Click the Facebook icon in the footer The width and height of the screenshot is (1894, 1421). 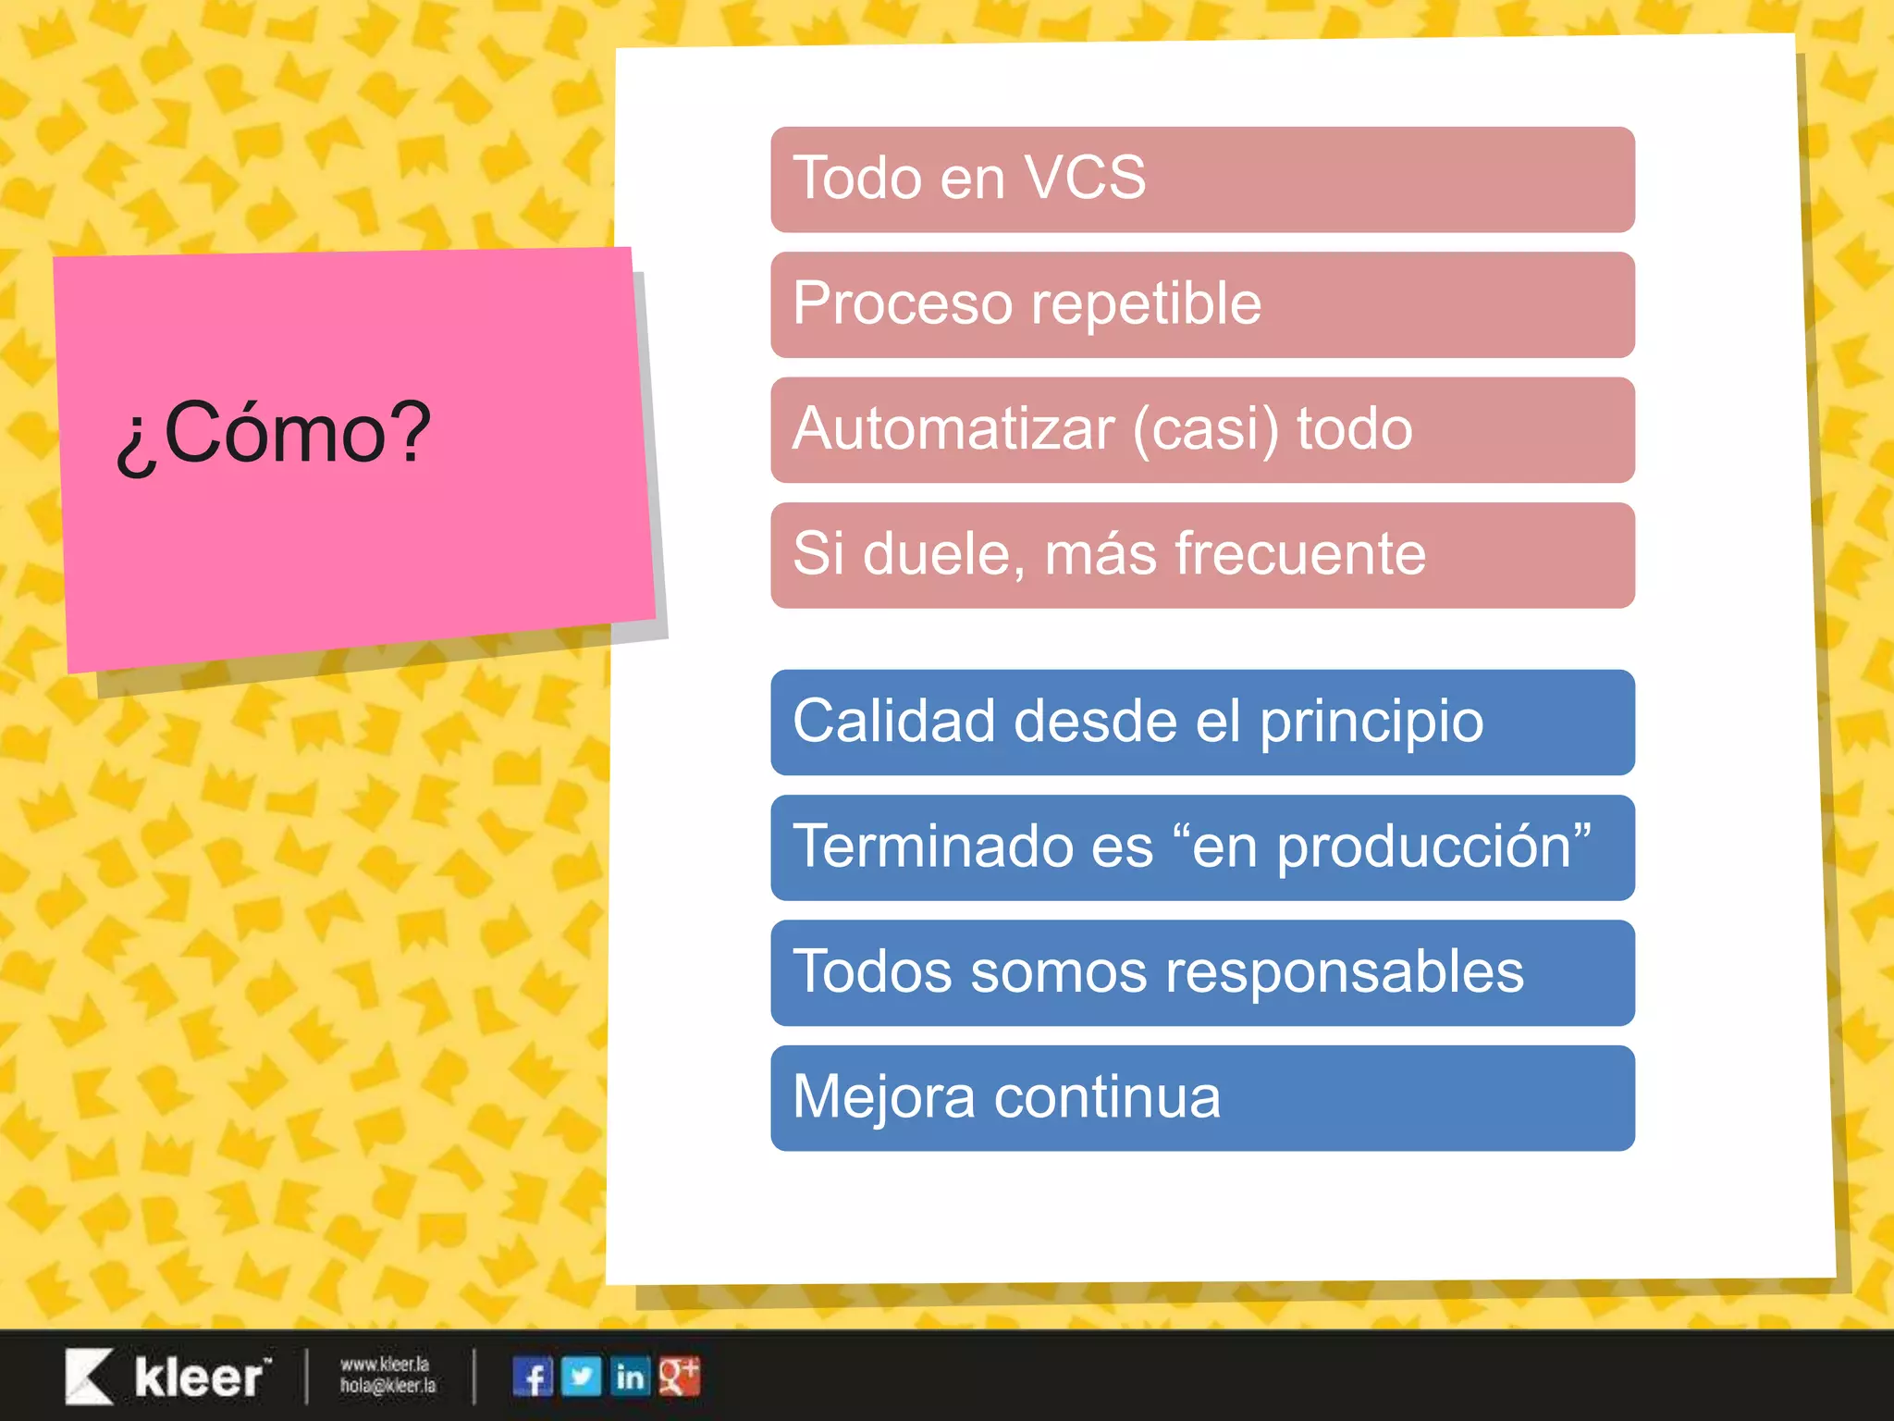[x=532, y=1377]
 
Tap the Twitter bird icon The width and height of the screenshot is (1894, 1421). [x=581, y=1377]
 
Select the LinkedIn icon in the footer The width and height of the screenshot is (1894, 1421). [x=631, y=1377]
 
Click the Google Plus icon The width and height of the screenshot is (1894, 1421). [x=680, y=1377]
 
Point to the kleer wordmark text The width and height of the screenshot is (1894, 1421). [x=200, y=1378]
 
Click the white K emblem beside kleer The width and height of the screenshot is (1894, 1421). [x=89, y=1377]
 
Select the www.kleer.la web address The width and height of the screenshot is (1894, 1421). [x=385, y=1365]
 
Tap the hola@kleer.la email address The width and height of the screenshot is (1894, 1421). [x=387, y=1386]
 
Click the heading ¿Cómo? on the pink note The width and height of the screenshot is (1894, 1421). [x=274, y=433]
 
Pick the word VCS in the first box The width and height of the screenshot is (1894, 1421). [x=1086, y=178]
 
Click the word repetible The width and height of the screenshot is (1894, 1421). [x=1146, y=303]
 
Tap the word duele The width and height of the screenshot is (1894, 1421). [x=944, y=554]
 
